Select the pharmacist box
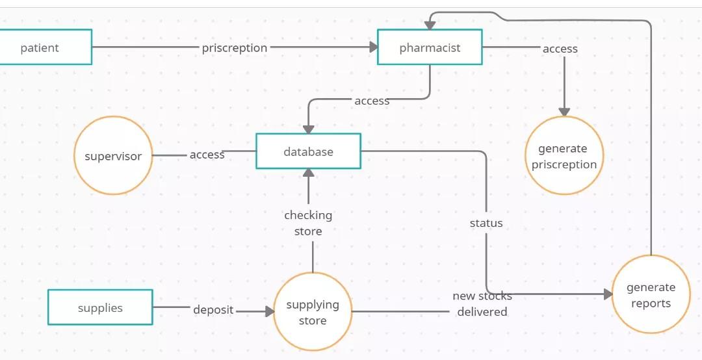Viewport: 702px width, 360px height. click(430, 47)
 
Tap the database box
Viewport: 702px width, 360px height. click(308, 151)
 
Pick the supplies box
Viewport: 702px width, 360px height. click(100, 307)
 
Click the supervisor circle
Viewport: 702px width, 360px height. click(113, 156)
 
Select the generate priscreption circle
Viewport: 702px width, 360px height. click(564, 156)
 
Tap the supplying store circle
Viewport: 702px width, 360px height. click(313, 312)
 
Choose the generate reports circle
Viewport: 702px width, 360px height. click(651, 294)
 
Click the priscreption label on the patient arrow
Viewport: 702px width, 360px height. click(234, 48)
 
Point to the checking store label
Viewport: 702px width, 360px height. click(308, 223)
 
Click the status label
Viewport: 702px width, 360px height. click(486, 223)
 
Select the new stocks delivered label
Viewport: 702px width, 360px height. click(482, 303)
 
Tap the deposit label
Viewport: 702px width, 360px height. click(213, 310)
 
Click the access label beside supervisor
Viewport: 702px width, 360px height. click(207, 155)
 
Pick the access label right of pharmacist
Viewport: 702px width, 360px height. click(560, 49)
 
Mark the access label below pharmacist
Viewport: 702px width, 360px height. click(372, 101)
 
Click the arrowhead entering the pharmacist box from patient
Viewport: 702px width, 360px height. click(374, 47)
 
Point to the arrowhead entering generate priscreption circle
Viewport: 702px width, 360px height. click(564, 112)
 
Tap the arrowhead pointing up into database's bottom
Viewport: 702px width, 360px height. click(309, 173)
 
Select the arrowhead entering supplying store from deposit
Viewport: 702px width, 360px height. click(270, 312)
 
